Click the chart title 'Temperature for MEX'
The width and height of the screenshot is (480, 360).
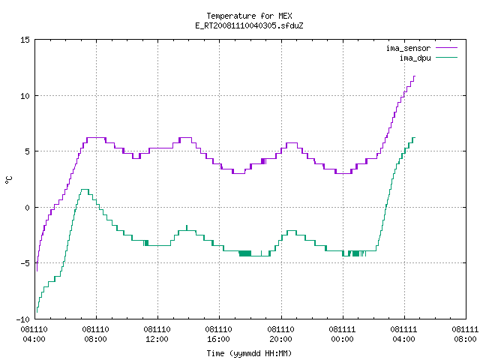coord(249,16)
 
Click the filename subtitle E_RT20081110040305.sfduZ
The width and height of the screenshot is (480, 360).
coord(249,25)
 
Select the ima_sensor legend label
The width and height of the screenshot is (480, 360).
coord(408,48)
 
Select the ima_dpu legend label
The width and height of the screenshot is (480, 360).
coord(415,58)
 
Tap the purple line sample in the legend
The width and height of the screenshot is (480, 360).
coord(447,48)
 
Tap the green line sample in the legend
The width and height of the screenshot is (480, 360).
coord(447,58)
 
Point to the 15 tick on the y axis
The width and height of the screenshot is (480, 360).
coord(25,40)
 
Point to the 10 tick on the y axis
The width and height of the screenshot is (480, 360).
coord(25,96)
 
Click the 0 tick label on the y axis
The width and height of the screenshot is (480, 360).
coord(27,208)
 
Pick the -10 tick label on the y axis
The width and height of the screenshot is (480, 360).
coord(23,319)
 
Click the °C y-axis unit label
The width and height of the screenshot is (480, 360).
coord(9,180)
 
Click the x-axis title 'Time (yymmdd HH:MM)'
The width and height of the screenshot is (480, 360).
coord(249,353)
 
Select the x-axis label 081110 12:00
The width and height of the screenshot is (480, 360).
coord(157,334)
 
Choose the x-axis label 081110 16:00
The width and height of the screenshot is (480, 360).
coord(218,334)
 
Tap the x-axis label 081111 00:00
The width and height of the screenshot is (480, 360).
coord(342,334)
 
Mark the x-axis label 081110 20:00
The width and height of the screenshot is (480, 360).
coord(280,334)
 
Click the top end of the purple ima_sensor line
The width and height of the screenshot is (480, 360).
coord(415,76)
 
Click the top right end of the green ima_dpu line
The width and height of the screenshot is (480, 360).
coord(415,138)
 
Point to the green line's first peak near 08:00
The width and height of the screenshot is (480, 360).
coord(85,190)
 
